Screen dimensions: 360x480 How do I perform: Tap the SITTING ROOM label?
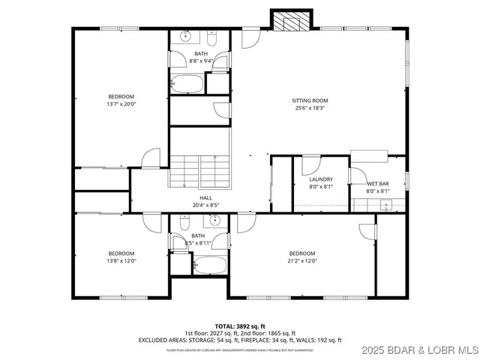coord(310,100)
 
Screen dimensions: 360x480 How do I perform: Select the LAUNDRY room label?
coord(321,179)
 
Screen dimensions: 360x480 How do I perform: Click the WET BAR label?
coord(377,184)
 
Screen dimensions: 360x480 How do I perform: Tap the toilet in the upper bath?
coord(220,64)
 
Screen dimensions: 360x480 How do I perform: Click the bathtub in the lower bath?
coord(208,265)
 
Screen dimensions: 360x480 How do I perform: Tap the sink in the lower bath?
coord(214,220)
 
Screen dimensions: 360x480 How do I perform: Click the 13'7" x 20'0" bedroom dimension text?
coord(121,104)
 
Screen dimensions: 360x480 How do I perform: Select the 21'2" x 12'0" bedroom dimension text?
coord(302,261)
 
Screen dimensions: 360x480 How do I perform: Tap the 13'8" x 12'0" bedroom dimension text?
coord(121,261)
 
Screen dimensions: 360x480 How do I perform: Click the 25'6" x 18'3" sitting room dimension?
coord(310,108)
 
